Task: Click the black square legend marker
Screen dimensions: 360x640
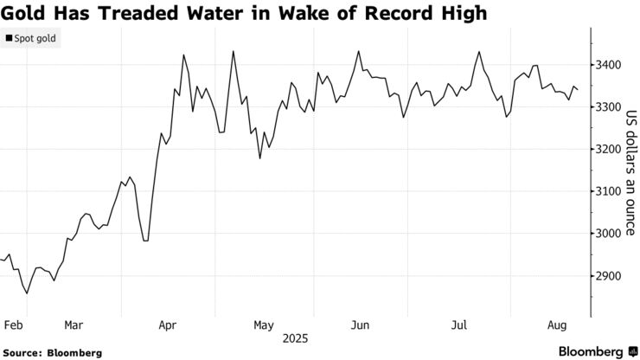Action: tap(10, 39)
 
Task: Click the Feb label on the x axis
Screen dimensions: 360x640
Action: tap(12, 325)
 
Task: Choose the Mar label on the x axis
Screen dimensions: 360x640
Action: tap(74, 325)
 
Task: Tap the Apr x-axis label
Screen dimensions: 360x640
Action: tap(168, 325)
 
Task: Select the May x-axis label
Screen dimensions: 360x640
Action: tap(264, 325)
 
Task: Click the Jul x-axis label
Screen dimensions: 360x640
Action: tap(459, 325)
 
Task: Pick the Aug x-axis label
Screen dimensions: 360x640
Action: tap(558, 325)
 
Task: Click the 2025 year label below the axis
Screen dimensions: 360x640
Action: tap(294, 340)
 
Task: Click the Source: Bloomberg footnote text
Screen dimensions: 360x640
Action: tap(53, 353)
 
